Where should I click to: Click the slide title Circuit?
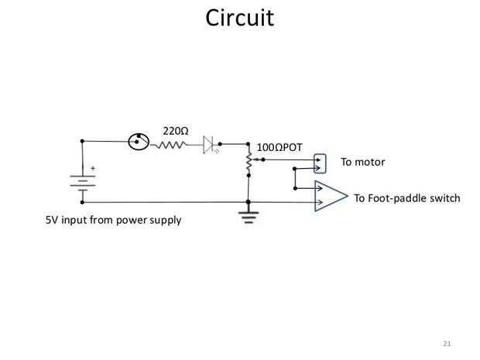click(240, 18)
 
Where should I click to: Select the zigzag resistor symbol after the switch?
click(171, 144)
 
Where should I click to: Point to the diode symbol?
click(207, 144)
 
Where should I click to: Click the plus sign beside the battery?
click(94, 167)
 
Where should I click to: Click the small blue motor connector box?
click(320, 163)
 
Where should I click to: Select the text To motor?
click(362, 163)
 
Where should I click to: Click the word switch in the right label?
click(444, 198)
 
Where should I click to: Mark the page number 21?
click(446, 342)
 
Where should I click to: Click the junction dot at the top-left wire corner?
click(82, 142)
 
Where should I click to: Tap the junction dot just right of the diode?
click(221, 144)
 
